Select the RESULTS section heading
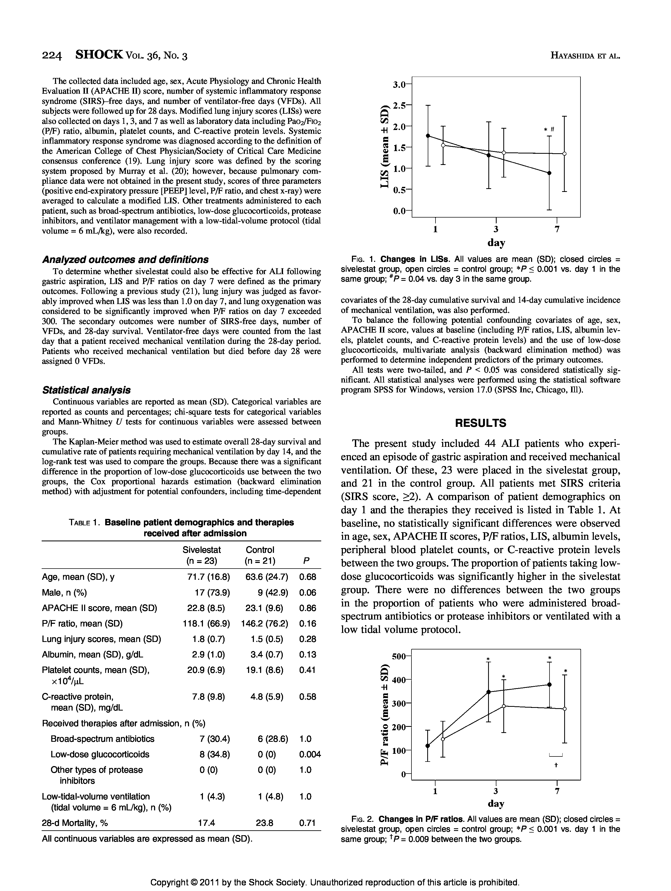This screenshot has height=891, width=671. pos(480,423)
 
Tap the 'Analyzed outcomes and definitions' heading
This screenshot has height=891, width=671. pos(125,259)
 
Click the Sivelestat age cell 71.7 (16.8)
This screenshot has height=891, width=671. pos(208,577)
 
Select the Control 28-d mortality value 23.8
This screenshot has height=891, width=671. pos(264,822)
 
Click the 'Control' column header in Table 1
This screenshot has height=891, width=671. pos(260,550)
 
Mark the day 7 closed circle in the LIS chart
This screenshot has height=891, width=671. pos(549,173)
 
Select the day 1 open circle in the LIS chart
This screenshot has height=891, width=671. pos(443,145)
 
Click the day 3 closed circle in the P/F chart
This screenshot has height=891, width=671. pos(488,692)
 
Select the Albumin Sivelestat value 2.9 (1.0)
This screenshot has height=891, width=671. pos(208,655)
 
